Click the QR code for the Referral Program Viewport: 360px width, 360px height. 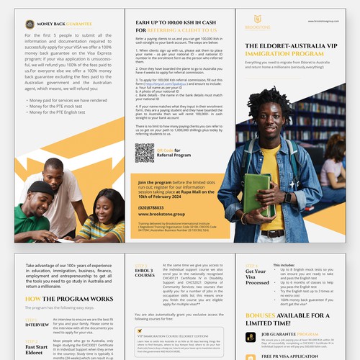click(x=144, y=153)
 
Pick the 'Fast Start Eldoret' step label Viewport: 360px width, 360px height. click(x=37, y=347)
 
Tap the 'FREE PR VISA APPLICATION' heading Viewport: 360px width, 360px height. click(x=292, y=356)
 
